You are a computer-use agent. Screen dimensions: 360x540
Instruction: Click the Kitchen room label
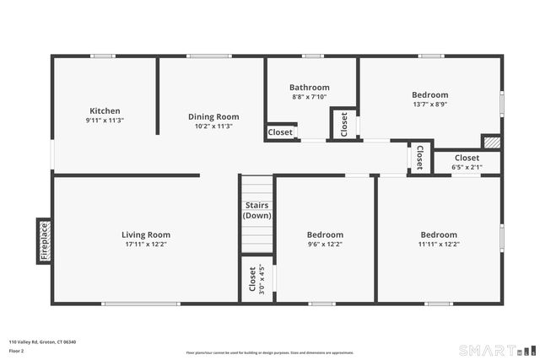[105, 110]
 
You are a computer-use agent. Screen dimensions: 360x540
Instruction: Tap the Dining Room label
[213, 116]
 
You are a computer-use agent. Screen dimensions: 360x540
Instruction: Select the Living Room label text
[146, 234]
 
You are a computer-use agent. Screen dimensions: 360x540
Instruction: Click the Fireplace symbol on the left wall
[44, 241]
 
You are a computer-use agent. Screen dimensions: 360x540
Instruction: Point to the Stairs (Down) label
[256, 210]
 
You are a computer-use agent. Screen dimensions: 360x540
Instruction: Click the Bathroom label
[309, 87]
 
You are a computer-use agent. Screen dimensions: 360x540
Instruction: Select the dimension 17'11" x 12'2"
[146, 244]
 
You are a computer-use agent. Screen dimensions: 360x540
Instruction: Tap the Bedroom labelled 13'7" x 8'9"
[429, 94]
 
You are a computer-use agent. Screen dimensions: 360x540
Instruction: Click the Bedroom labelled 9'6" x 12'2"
[325, 234]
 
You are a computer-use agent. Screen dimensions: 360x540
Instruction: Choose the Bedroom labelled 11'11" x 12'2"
[439, 234]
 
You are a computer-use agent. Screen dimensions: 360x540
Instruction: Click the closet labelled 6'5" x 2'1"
[467, 158]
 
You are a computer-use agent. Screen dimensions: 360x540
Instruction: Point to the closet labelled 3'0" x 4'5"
[251, 280]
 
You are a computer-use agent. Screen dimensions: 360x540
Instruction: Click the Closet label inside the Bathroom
[280, 132]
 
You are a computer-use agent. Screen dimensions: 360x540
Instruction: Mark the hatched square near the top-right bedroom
[491, 142]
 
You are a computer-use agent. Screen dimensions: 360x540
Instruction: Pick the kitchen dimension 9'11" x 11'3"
[105, 121]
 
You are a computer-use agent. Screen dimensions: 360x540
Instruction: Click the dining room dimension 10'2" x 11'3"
[213, 126]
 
